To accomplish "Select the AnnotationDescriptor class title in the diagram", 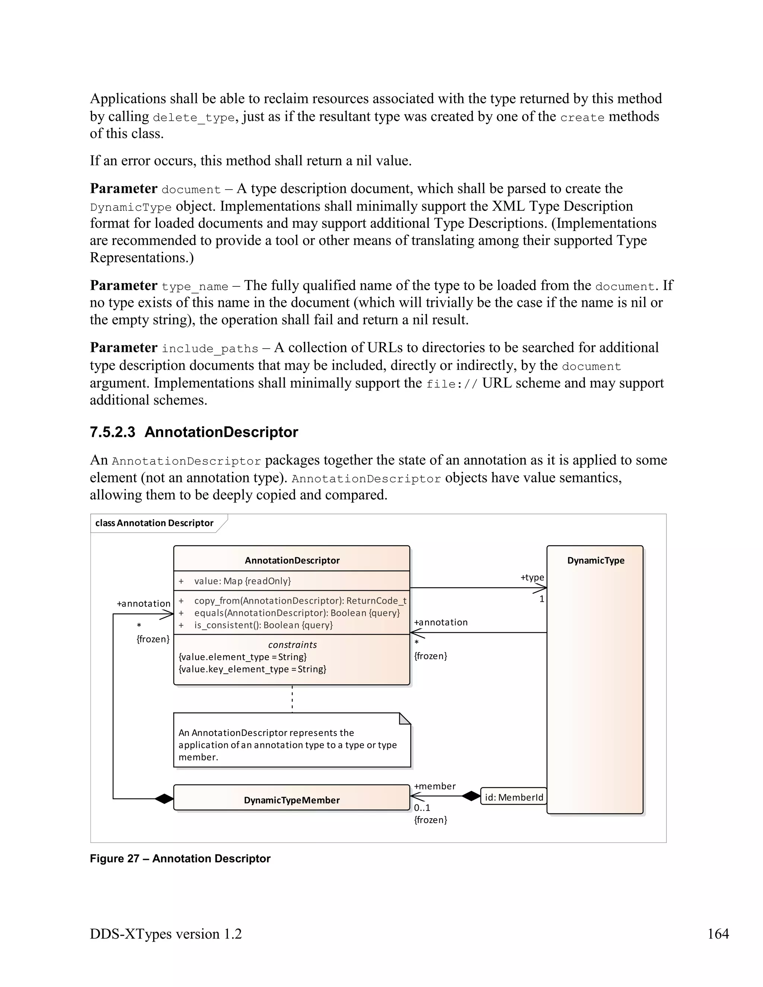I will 292,561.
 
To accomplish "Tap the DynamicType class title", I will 595,561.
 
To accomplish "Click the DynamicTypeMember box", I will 292,800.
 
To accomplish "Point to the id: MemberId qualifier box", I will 513,797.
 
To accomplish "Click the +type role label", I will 532,578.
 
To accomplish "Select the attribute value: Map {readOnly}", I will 242,581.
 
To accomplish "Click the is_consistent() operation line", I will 263,625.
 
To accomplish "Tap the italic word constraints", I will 292,645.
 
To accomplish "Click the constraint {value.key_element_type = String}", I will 252,669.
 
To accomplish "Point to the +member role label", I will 434,786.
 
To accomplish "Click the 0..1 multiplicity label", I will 422,807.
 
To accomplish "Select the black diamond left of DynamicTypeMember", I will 164,799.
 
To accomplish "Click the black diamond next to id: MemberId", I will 471,796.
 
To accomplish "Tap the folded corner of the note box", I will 405,718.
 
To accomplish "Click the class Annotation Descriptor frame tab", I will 154,523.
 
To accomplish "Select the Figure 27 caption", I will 180,859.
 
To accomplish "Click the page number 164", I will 718,934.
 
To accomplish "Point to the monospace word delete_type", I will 194,117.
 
